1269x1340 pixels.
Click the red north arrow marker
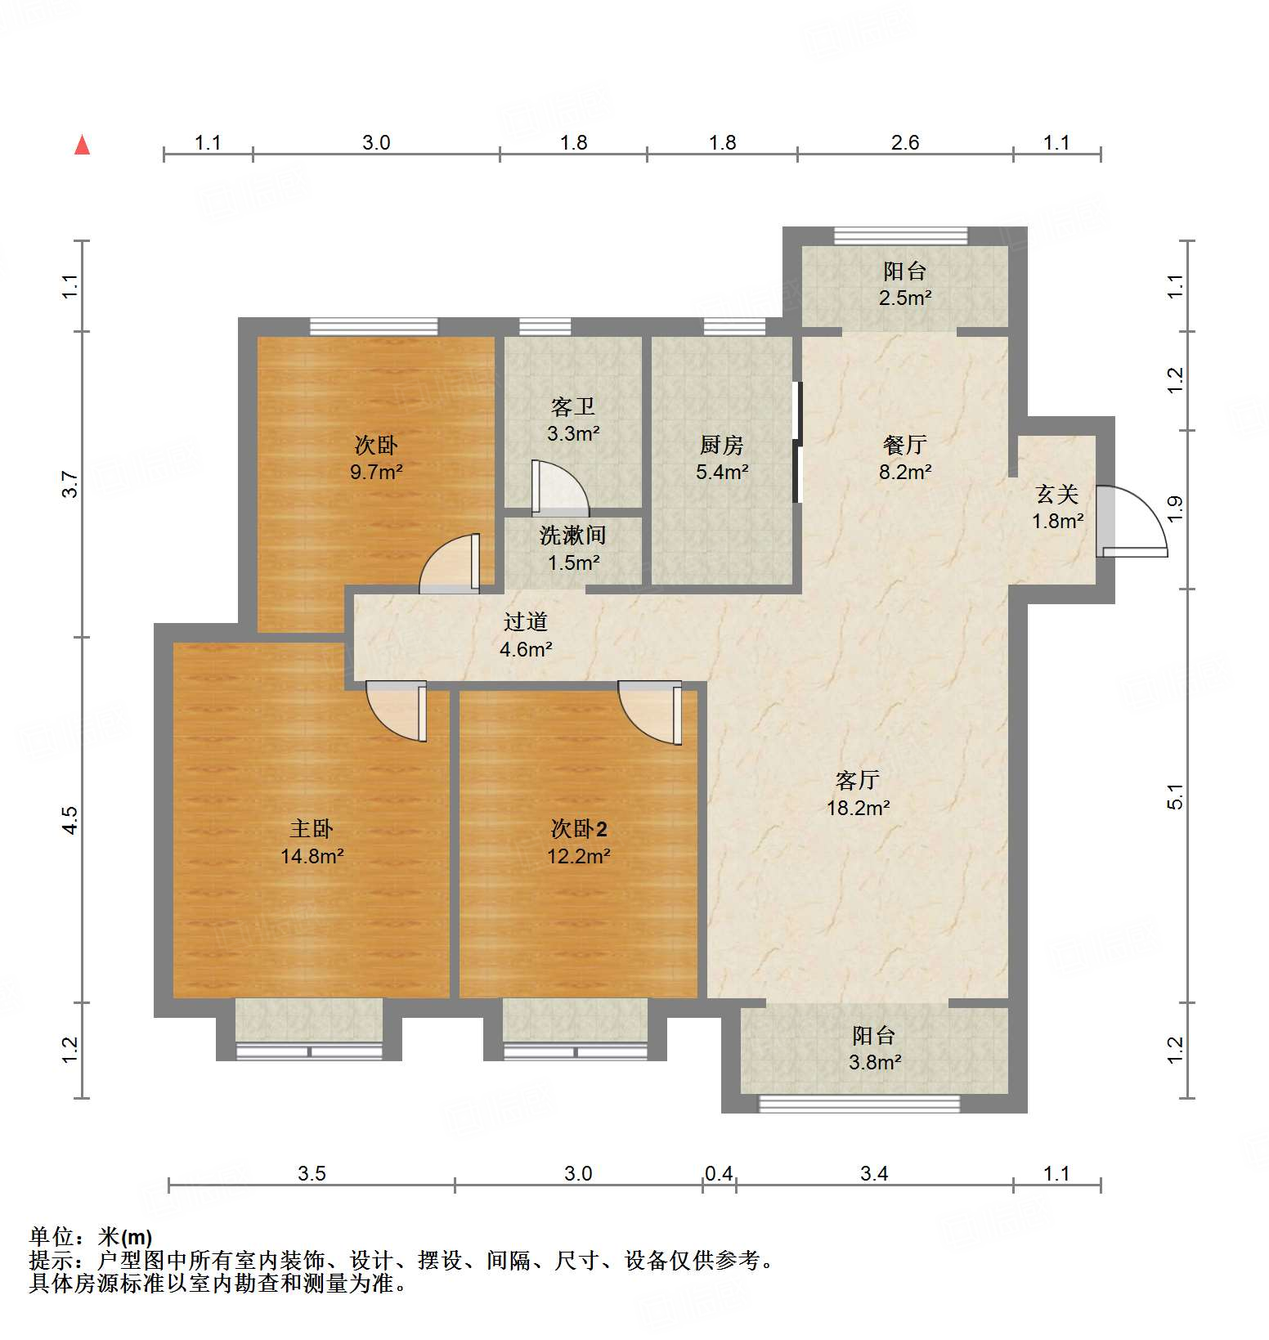[82, 145]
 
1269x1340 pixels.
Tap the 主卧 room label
[312, 829]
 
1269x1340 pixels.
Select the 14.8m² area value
[312, 857]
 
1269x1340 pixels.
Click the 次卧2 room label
[578, 829]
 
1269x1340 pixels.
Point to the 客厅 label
[857, 780]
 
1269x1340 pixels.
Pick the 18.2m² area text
[857, 808]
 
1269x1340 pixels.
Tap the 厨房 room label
[722, 445]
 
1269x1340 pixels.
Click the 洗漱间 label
[572, 536]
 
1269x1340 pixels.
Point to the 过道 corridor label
[525, 621]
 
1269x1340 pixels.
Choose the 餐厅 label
[904, 445]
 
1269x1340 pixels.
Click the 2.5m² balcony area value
[904, 298]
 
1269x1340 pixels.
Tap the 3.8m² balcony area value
[874, 1062]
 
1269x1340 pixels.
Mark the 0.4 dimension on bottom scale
[719, 1174]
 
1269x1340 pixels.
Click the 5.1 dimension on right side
[1175, 796]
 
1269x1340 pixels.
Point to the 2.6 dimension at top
[904, 143]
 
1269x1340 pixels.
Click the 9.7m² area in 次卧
[376, 472]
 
